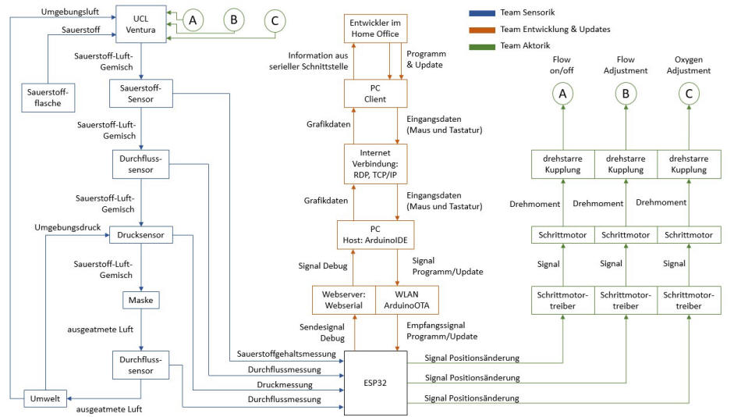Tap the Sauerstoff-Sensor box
[140, 94]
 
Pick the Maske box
[140, 300]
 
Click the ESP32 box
[375, 383]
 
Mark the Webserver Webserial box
[343, 300]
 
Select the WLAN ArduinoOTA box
[406, 300]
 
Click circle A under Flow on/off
[562, 94]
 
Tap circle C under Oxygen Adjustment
[689, 94]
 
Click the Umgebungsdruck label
[71, 226]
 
